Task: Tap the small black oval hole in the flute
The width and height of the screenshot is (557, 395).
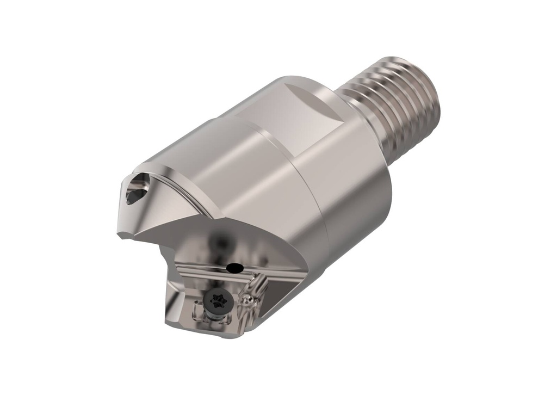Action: (234, 267)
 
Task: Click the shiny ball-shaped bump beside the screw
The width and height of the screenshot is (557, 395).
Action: (247, 299)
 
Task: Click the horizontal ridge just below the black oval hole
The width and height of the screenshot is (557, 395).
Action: (239, 274)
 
